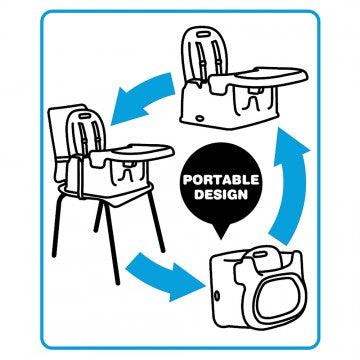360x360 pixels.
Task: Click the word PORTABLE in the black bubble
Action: [x=221, y=180]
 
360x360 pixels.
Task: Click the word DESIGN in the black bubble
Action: [x=221, y=195]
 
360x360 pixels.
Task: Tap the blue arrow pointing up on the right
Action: [x=289, y=183]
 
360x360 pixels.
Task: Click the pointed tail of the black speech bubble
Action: [x=221, y=232]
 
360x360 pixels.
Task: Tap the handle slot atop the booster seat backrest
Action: [x=202, y=34]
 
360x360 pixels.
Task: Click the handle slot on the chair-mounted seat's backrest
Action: [x=85, y=116]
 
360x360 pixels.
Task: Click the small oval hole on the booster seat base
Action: [x=200, y=118]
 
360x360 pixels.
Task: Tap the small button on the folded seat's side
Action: [x=217, y=295]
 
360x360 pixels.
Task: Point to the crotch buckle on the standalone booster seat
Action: [x=255, y=98]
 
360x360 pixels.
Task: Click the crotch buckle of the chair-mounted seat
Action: [x=128, y=171]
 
